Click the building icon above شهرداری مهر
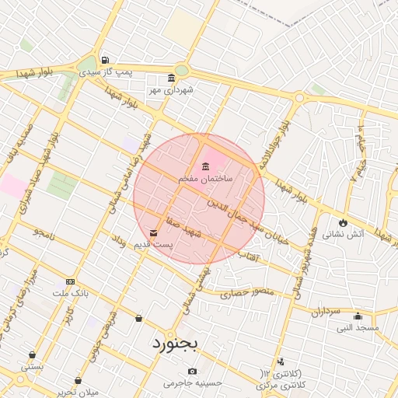coord(172,79)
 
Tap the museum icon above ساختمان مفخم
coord(205,166)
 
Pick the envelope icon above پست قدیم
coord(154,232)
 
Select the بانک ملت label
coord(70,293)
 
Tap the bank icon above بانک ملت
coord(71,281)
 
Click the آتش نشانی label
coord(342,233)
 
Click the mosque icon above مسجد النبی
coord(358,316)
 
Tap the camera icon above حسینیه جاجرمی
coord(192,371)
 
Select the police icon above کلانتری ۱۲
coord(280,362)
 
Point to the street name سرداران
coord(328,311)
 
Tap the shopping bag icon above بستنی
coord(32,354)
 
